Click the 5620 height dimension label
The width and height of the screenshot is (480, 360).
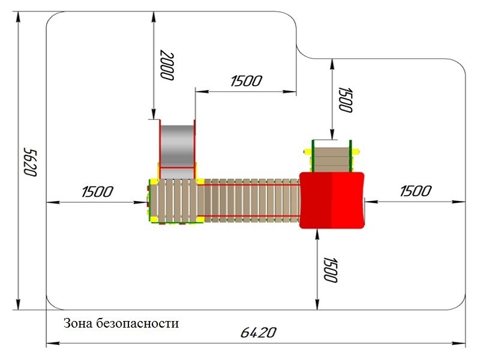[31, 162]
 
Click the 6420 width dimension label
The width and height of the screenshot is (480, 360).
[259, 332]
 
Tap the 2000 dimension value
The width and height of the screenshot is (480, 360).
[167, 65]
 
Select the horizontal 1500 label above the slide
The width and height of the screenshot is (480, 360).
[246, 81]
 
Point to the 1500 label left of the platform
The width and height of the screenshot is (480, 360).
[97, 192]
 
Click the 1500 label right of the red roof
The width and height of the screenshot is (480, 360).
[415, 191]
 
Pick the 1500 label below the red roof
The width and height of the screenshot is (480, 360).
[331, 269]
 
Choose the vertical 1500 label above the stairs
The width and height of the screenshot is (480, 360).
[346, 100]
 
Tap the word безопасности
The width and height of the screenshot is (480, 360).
[137, 323]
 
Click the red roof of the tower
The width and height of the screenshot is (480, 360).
[332, 200]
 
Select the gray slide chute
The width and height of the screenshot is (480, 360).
[177, 146]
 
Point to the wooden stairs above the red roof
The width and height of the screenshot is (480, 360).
[332, 160]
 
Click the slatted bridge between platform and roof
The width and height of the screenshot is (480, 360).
[251, 200]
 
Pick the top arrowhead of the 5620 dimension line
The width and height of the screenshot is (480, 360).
[19, 19]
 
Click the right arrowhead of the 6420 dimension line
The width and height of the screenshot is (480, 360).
[458, 343]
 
